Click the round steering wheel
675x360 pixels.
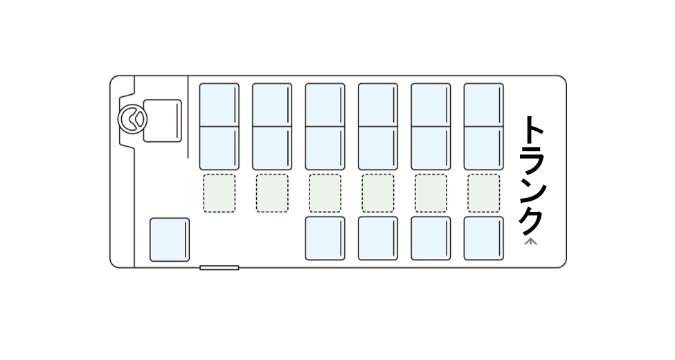pyautogui.click(x=130, y=118)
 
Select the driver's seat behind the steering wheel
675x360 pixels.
pyautogui.click(x=162, y=120)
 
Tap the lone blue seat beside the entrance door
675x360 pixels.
pyautogui.click(x=170, y=240)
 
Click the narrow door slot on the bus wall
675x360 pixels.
pyautogui.click(x=219, y=267)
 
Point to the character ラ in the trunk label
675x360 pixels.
pyautogui.click(x=532, y=162)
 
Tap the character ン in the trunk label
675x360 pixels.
pyautogui.click(x=532, y=192)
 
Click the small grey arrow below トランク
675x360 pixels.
pyautogui.click(x=532, y=242)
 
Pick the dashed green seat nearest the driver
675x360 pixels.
pyautogui.click(x=219, y=193)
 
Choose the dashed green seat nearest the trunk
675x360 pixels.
pyautogui.click(x=483, y=193)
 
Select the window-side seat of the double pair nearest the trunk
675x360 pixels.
pyautogui.click(x=483, y=105)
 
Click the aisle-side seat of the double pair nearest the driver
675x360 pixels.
pyautogui.click(x=219, y=148)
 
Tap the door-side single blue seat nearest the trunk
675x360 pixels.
pyautogui.click(x=483, y=238)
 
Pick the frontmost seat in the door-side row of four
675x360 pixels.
pyautogui.click(x=325, y=238)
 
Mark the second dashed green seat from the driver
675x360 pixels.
pyautogui.click(x=272, y=193)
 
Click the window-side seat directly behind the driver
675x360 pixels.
pyautogui.click(x=219, y=105)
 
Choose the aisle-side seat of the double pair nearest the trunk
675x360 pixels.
pyautogui.click(x=483, y=148)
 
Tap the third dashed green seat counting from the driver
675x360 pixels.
pyautogui.click(x=325, y=193)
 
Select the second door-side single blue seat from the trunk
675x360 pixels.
pyautogui.click(x=431, y=238)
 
